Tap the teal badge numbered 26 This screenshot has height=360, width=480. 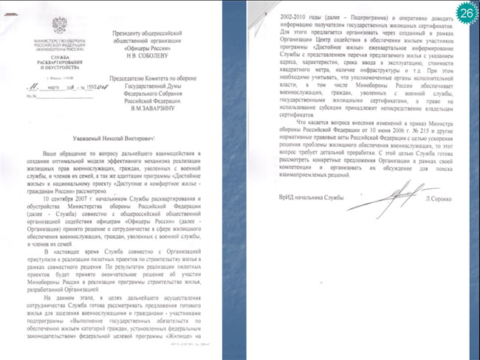pos(466,13)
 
